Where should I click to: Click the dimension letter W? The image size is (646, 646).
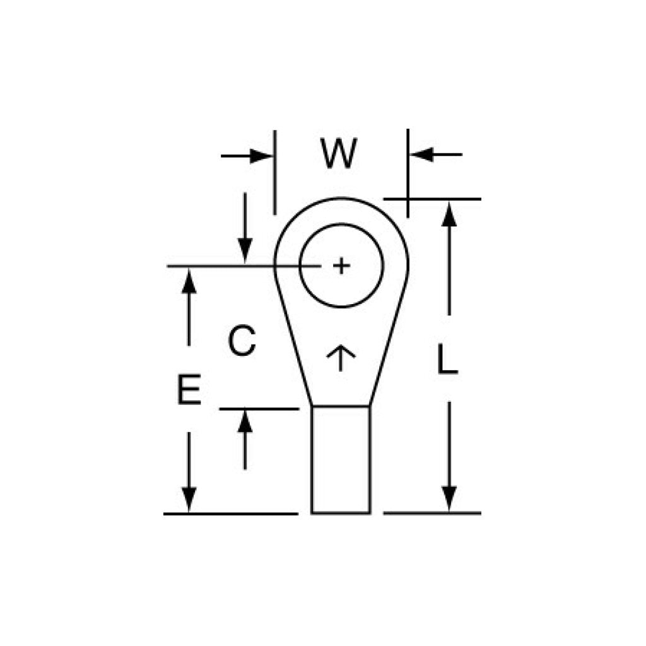tap(339, 153)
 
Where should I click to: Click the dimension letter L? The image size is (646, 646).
tap(448, 361)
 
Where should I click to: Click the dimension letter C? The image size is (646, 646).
tap(242, 341)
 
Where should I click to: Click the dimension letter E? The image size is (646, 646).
tap(189, 389)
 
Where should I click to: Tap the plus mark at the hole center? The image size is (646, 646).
tap(341, 266)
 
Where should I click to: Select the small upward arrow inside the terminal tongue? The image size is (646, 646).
tap(341, 357)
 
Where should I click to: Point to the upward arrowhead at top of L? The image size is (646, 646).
tap(449, 215)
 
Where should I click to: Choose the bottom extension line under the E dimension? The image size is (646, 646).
tap(230, 514)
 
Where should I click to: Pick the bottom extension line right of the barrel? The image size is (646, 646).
tap(432, 513)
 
